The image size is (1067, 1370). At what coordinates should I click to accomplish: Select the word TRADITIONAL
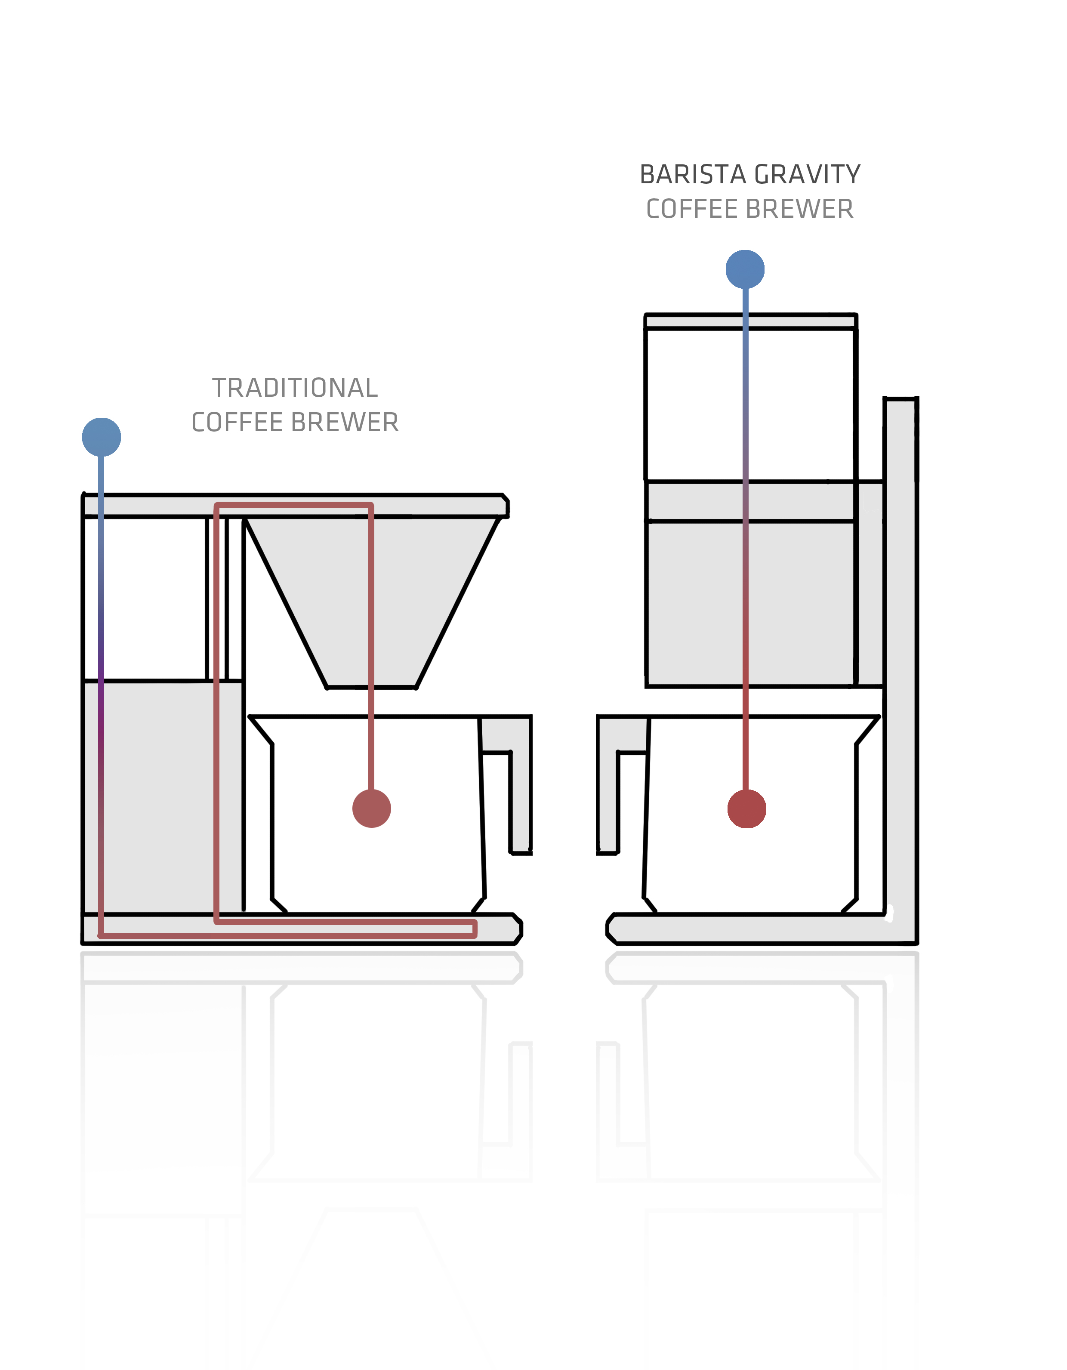[x=295, y=388]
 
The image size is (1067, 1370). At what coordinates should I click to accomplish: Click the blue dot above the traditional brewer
[x=102, y=437]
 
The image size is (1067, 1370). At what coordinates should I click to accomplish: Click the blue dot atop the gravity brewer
[x=745, y=270]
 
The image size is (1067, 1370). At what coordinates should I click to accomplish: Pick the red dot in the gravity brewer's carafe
[x=746, y=809]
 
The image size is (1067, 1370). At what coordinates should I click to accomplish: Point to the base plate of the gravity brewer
[x=753, y=929]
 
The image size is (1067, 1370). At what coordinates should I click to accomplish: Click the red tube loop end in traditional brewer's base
[x=474, y=929]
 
